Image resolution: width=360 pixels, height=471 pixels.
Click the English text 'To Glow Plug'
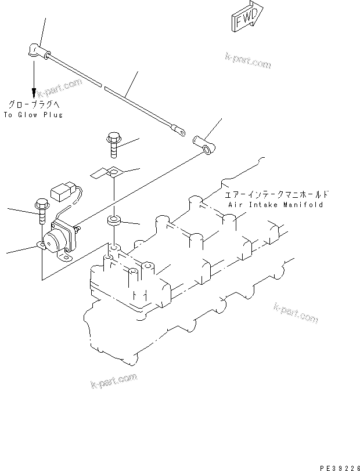(33, 115)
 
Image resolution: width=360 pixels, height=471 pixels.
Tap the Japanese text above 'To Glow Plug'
(33, 104)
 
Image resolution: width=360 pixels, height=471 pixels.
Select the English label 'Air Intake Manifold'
(275, 205)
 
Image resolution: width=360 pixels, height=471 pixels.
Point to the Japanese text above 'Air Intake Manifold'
(276, 195)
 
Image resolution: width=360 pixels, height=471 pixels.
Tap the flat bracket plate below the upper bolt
(106, 172)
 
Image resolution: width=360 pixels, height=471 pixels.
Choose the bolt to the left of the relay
(41, 211)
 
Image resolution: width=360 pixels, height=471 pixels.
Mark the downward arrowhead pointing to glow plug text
(34, 93)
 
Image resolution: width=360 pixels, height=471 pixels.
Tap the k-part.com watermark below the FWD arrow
(249, 60)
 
